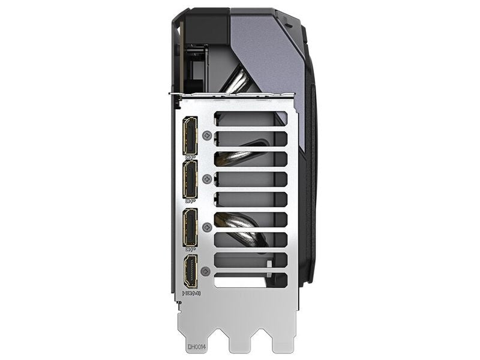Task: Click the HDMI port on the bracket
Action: tap(191, 272)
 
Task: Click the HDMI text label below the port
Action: tap(191, 293)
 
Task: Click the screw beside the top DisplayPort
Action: tap(208, 136)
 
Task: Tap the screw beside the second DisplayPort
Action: tap(208, 179)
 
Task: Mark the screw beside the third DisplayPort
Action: tap(208, 227)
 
